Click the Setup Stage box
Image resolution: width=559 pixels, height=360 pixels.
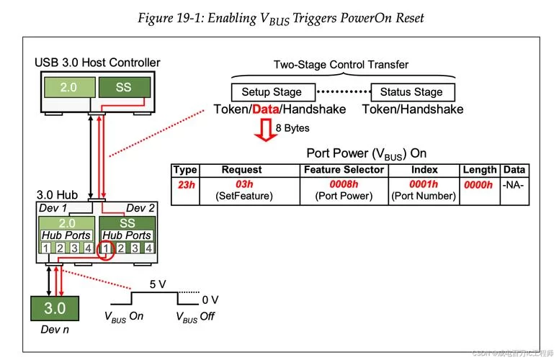pyautogui.click(x=272, y=92)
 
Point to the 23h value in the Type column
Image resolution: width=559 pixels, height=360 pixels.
pyautogui.click(x=185, y=184)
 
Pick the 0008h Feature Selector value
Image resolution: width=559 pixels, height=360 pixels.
pyautogui.click(x=344, y=184)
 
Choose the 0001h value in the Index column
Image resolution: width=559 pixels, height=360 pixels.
pyautogui.click(x=424, y=184)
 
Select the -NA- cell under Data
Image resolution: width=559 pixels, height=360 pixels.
pyautogui.click(x=514, y=184)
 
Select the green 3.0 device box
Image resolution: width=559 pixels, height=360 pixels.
pyautogui.click(x=55, y=309)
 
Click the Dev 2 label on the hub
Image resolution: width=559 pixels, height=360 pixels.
pyautogui.click(x=140, y=209)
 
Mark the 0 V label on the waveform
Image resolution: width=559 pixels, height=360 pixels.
pyautogui.click(x=210, y=298)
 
